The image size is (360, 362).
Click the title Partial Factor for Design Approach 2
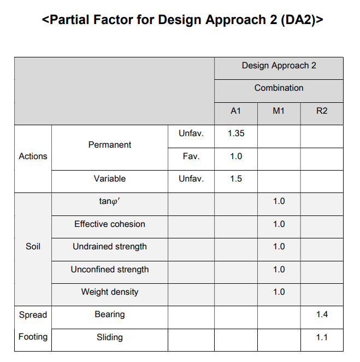182,20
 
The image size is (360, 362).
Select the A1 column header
235,111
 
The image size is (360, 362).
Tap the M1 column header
279,111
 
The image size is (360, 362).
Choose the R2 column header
322,111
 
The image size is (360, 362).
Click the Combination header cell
279,88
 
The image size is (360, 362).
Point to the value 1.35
235,133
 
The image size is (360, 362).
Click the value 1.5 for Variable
235,179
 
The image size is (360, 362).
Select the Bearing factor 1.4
322,315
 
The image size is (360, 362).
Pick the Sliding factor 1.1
322,337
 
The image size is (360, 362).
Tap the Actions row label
33,156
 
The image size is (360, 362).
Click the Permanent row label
110,145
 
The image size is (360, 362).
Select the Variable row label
110,179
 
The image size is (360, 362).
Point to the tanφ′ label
110,201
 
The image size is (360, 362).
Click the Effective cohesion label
110,224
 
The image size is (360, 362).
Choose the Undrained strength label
110,247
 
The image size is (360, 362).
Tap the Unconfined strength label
110,270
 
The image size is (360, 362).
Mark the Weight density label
110,292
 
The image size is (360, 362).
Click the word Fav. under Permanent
191,156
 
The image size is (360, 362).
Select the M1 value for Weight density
279,292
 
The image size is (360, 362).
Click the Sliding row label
110,337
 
